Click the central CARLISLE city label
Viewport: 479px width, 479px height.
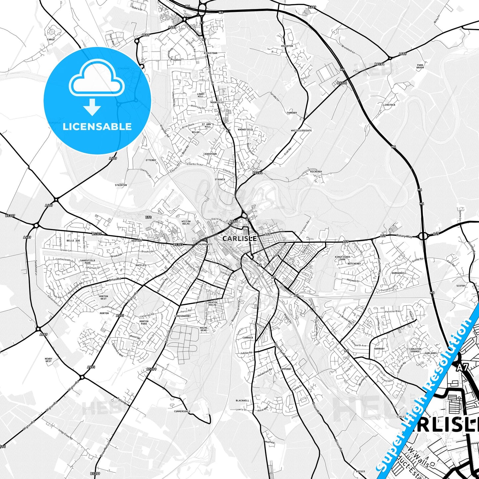pyautogui.click(x=239, y=239)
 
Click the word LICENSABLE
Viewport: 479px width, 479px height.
pyautogui.click(x=97, y=127)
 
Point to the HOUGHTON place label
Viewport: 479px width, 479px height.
pyautogui.click(x=287, y=46)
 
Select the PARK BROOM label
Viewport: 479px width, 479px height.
pyautogui.click(x=420, y=66)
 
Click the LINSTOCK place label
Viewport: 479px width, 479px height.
pyautogui.click(x=389, y=105)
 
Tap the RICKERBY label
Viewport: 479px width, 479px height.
pyautogui.click(x=316, y=172)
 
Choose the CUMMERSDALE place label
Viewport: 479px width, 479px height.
pyautogui.click(x=182, y=411)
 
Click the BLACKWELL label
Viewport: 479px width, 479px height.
pyautogui.click(x=242, y=400)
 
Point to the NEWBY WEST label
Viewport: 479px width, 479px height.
pyautogui.click(x=49, y=360)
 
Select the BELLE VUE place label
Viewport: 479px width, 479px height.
pyautogui.click(x=73, y=241)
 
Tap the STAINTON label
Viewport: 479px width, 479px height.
pyautogui.click(x=121, y=185)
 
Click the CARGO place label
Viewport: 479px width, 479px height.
pyautogui.click(x=51, y=39)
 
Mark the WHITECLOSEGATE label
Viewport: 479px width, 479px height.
pyautogui.click(x=301, y=131)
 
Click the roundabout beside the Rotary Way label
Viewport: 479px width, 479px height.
pyautogui.click(x=423, y=236)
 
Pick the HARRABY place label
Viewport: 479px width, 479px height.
pyautogui.click(x=379, y=349)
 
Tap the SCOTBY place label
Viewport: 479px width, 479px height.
pyautogui.click(x=461, y=286)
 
